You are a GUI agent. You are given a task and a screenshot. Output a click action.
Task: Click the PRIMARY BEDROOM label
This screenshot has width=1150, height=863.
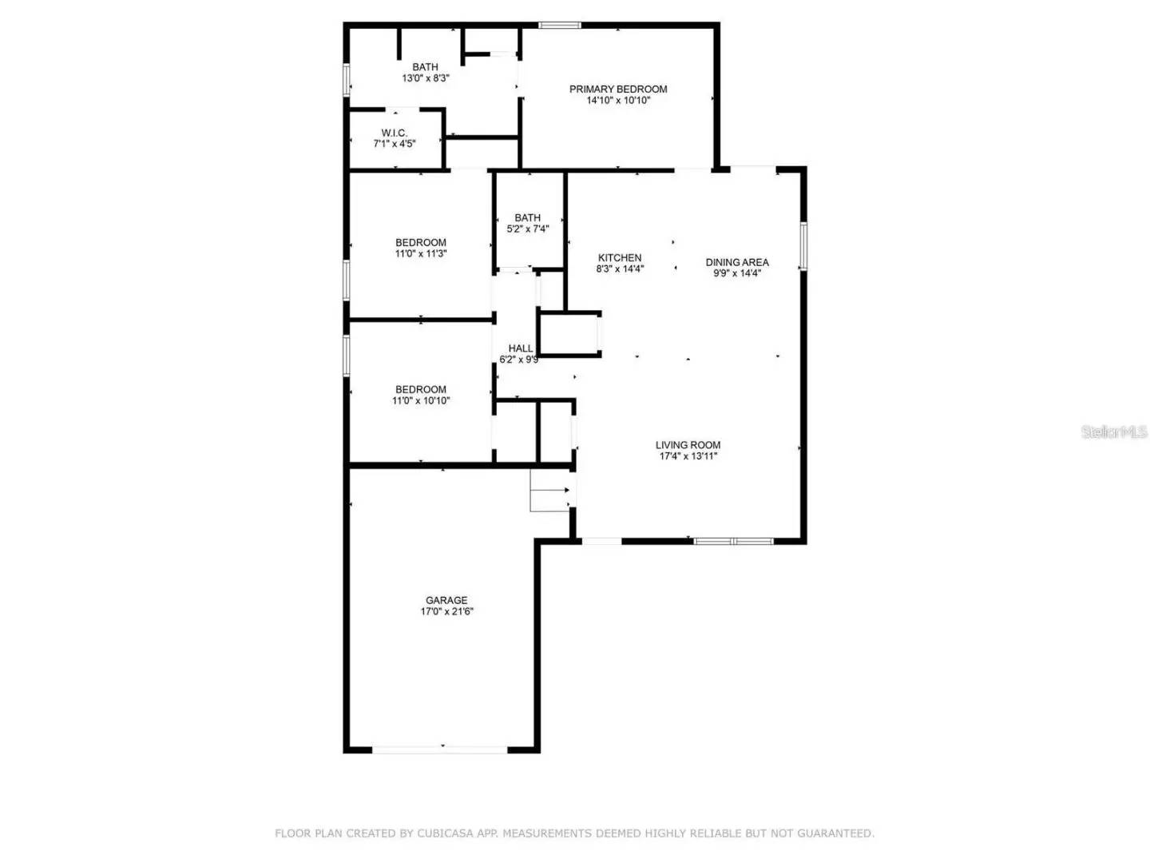pos(618,89)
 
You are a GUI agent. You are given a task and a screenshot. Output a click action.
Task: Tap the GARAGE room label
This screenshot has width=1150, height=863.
pos(446,600)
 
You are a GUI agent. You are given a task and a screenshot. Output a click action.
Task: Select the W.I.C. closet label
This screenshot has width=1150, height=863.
pos(394,133)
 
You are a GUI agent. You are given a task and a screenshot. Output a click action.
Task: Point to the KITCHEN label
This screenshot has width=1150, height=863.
pos(620,257)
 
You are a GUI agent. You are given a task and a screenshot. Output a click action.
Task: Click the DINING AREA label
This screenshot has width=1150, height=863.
pos(737,261)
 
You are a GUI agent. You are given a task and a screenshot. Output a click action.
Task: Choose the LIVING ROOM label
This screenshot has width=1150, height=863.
pos(688,445)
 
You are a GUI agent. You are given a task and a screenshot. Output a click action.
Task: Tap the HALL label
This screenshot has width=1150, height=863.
pos(521,348)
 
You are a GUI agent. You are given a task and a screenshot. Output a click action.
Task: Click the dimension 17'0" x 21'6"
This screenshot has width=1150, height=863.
pos(446,612)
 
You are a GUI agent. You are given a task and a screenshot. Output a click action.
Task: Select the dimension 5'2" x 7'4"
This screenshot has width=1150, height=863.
pos(528,229)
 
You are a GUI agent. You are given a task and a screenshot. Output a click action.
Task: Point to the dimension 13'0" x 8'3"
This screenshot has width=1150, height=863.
pos(425,79)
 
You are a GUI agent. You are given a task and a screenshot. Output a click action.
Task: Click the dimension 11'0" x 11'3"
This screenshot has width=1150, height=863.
pos(421,254)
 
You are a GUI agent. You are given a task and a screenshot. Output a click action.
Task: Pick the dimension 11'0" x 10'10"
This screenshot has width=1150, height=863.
pos(421,401)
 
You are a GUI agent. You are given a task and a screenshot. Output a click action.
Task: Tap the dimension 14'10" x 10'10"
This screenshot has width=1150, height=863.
pos(618,101)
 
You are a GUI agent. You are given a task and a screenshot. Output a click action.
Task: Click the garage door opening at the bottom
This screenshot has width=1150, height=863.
pos(441,750)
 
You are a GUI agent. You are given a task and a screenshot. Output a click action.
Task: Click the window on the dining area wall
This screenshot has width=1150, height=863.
pos(803,246)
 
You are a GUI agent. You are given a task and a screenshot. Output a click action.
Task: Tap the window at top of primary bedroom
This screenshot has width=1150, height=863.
pos(560,26)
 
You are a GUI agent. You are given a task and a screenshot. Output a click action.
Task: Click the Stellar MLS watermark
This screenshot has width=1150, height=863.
pos(1114,432)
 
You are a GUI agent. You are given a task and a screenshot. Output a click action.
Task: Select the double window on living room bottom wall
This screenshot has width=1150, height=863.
pos(733,542)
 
